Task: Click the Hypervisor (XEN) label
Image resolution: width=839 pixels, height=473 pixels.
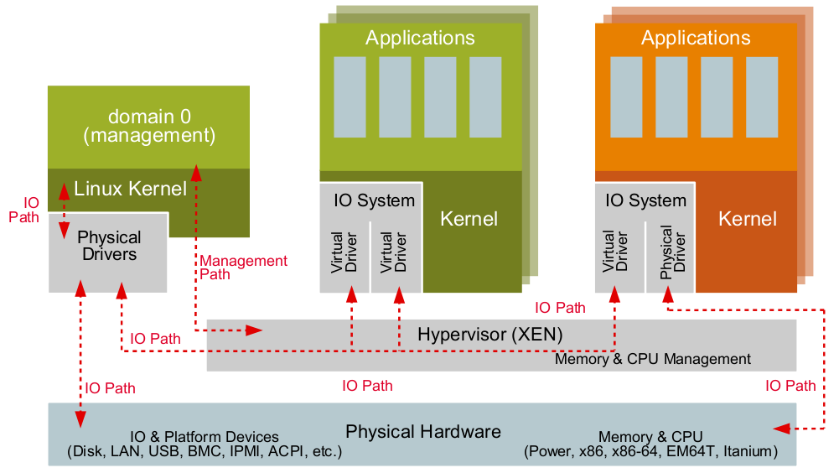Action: (x=489, y=334)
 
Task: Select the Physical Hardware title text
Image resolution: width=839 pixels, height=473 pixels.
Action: (x=423, y=432)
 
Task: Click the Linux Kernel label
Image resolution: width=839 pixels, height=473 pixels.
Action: (x=130, y=189)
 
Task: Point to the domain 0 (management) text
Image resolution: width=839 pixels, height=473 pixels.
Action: (x=149, y=126)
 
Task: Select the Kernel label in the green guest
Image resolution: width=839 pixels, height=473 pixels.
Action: (x=469, y=219)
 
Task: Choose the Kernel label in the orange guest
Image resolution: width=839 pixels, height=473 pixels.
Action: (x=748, y=219)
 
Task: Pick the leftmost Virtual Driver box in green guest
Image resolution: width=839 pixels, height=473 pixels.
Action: (x=344, y=251)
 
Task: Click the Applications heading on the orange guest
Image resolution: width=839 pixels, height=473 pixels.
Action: (x=696, y=38)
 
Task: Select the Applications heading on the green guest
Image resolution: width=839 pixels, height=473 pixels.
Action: (x=420, y=38)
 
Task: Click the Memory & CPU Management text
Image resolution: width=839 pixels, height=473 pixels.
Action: (x=653, y=359)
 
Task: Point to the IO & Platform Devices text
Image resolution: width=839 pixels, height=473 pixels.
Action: (x=205, y=437)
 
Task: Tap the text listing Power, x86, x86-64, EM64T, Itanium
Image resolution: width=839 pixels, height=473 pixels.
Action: (x=650, y=452)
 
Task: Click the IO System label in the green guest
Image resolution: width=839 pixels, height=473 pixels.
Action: (x=374, y=200)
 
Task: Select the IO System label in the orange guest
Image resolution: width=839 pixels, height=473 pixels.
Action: (x=645, y=200)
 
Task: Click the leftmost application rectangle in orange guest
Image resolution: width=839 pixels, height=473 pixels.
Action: (x=626, y=96)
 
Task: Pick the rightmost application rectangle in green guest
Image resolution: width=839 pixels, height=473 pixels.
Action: (x=485, y=96)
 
